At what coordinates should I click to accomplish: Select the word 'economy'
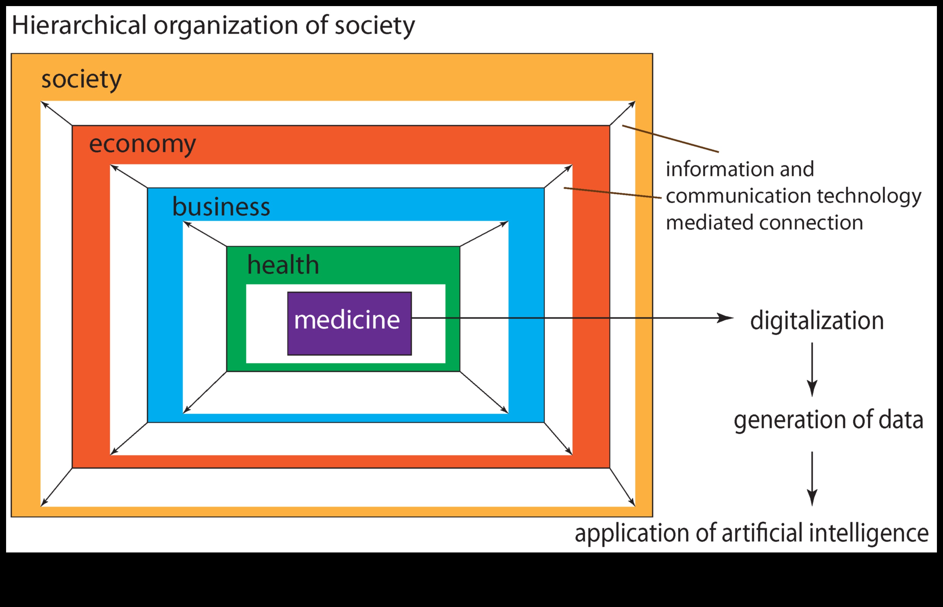(x=142, y=144)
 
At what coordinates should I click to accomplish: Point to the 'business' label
(x=221, y=207)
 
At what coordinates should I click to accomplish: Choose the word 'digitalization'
(x=817, y=321)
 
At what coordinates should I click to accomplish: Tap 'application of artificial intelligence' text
(x=751, y=533)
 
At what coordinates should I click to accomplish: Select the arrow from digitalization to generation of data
(x=812, y=369)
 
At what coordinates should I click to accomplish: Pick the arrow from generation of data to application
(x=812, y=478)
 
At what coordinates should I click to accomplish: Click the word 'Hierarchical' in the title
(x=79, y=26)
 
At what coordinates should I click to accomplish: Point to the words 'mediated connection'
(x=764, y=223)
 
